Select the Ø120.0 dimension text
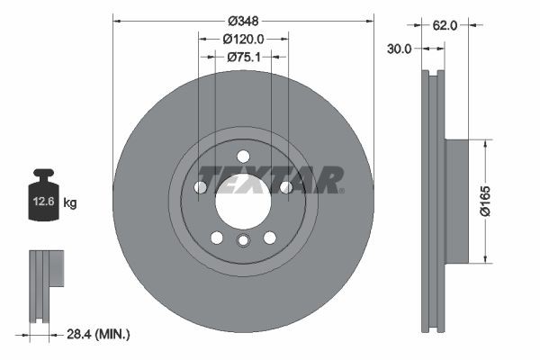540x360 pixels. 243,39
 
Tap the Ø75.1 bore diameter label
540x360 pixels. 243,57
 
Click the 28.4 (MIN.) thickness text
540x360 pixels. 99,334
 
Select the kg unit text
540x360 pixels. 70,202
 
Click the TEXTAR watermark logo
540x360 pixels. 270,179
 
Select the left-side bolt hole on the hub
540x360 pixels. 201,187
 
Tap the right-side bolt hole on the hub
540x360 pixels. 286,187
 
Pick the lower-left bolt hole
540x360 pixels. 217,238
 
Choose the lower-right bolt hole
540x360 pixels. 269,238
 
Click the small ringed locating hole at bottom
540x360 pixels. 243,241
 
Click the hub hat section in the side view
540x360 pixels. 457,201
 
